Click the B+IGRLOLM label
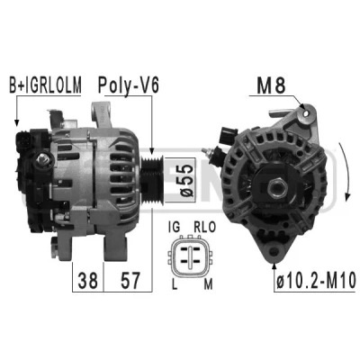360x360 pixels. [45, 85]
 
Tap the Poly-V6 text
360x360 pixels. [129, 85]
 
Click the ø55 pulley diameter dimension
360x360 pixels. [185, 181]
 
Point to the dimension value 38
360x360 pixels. [88, 280]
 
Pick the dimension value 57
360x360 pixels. [130, 280]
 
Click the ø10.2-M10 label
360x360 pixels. [316, 282]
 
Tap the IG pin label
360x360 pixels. [175, 227]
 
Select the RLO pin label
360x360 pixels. [204, 227]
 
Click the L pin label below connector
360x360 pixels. [175, 283]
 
